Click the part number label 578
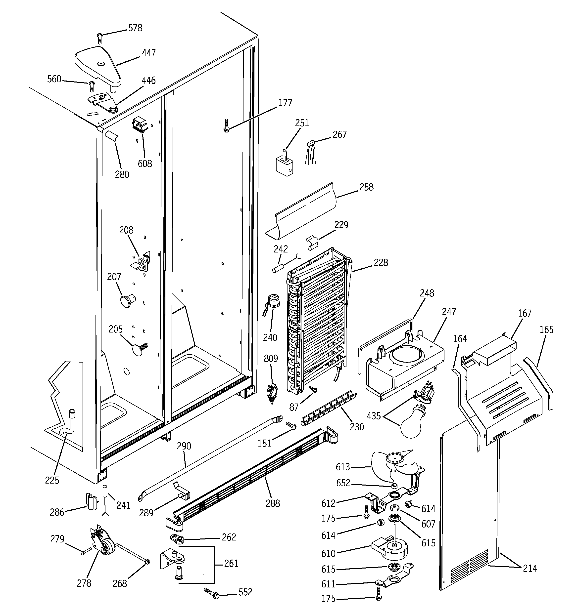135,28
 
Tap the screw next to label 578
100,38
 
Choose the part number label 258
366,187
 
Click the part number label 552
245,592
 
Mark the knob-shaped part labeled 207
127,300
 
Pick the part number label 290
184,446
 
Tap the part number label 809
271,359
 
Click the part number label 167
525,313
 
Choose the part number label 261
231,564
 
